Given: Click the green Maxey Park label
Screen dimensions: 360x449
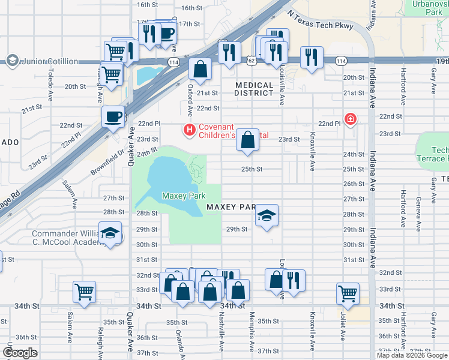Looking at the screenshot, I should point(184,196).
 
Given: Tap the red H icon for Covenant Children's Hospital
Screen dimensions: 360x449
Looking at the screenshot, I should point(190,129).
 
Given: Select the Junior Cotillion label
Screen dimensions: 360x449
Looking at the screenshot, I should point(49,61).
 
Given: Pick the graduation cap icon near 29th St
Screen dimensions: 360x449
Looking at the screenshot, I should point(267,216).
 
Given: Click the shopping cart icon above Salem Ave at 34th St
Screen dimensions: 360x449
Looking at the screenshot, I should point(84,292).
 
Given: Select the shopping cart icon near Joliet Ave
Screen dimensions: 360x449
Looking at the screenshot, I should point(348,293).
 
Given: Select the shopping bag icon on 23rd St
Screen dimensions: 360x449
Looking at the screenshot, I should point(247,140).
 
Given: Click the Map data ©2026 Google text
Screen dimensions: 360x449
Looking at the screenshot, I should point(412,355).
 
